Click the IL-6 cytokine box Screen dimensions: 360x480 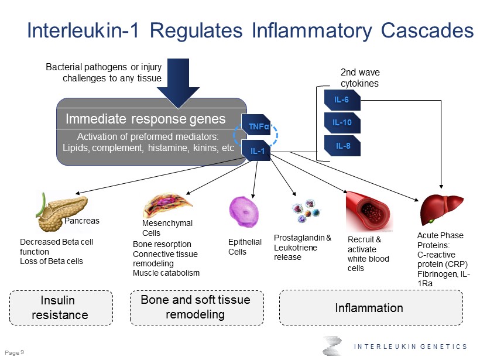click(x=342, y=100)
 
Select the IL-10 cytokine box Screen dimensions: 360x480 click(x=342, y=123)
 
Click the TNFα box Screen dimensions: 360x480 click(x=255, y=126)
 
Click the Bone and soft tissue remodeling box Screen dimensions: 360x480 click(x=196, y=307)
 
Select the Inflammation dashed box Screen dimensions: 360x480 click(x=369, y=308)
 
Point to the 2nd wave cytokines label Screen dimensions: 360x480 click(x=360, y=78)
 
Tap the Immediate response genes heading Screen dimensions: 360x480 click(x=146, y=119)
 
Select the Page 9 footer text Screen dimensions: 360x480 click(x=14, y=352)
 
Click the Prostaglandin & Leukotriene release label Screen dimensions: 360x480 click(x=303, y=248)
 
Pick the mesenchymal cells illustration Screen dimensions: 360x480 click(x=167, y=205)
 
